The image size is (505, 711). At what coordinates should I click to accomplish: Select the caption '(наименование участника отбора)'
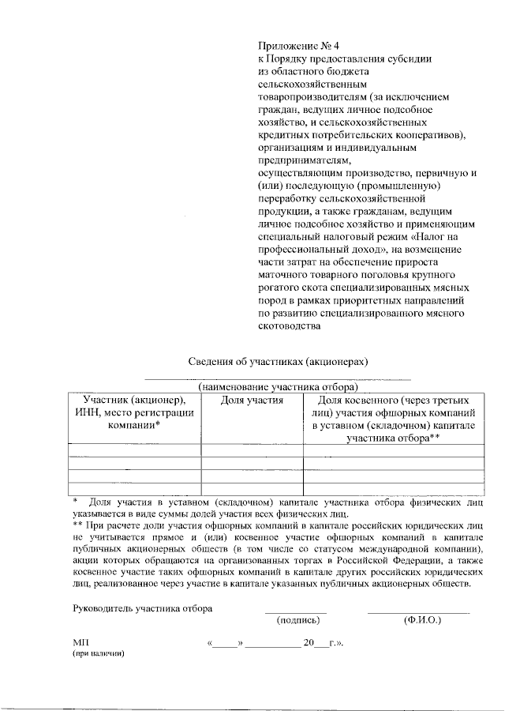(x=279, y=387)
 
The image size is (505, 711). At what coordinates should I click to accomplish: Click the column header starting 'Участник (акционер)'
(x=134, y=412)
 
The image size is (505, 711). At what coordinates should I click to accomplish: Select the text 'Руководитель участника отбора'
(x=142, y=608)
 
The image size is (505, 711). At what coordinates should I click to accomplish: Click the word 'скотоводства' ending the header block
(x=290, y=325)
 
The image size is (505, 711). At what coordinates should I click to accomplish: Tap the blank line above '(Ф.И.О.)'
(x=418, y=612)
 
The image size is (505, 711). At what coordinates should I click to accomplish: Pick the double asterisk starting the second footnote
(x=78, y=524)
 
